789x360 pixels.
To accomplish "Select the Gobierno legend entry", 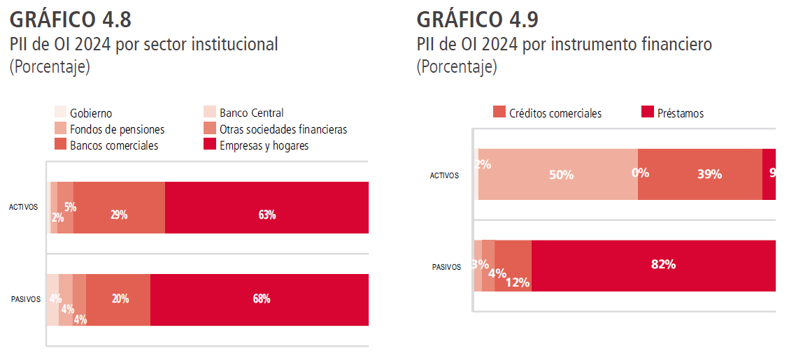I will click(x=91, y=113).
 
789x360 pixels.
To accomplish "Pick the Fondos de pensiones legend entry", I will click(x=117, y=129).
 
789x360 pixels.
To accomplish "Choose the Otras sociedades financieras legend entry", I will click(x=283, y=129).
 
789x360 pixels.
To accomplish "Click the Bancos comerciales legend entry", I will click(x=113, y=145).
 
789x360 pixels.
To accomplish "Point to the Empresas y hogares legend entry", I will click(x=264, y=145).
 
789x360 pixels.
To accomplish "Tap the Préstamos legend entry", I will click(x=680, y=113).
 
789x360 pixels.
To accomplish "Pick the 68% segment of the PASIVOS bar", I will click(x=260, y=299).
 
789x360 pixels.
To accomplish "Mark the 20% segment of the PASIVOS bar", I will click(x=118, y=299).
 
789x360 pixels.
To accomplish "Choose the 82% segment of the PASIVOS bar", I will click(x=653, y=266).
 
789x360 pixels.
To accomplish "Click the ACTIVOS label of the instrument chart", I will click(x=444, y=175).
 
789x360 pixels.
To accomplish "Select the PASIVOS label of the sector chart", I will click(x=26, y=299).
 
